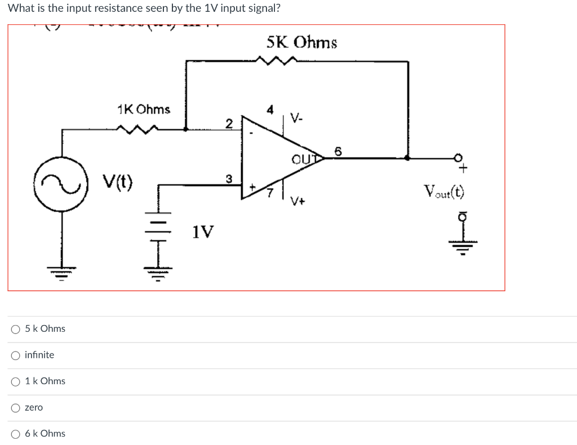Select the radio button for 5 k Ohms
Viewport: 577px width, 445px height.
(15, 329)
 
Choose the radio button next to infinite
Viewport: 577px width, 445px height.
(15, 355)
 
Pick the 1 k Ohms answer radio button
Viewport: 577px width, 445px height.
(15, 381)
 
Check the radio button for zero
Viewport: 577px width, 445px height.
(15, 407)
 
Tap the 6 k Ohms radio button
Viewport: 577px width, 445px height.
(15, 434)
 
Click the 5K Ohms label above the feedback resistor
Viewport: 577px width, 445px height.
(302, 42)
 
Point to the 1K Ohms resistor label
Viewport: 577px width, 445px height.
(144, 109)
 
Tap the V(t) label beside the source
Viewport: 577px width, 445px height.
(117, 183)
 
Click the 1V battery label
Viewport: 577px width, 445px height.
(203, 232)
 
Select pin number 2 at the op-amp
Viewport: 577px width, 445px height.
(228, 123)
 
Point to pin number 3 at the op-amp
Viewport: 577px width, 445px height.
(228, 179)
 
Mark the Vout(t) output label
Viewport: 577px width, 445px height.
(445, 192)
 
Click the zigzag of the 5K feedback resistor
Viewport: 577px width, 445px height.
(275, 60)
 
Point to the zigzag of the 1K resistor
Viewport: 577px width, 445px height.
(137, 130)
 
